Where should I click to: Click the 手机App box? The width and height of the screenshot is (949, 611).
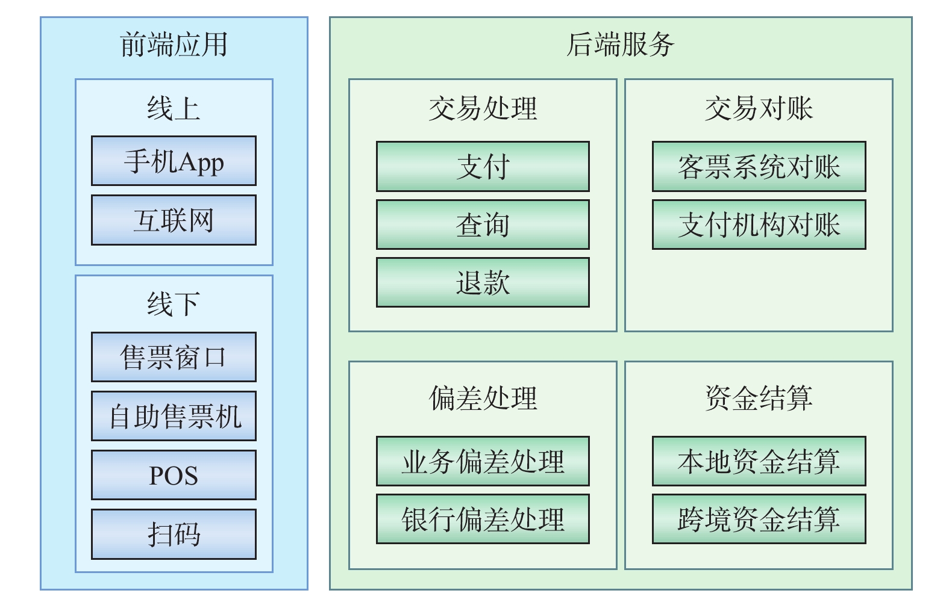[174, 161]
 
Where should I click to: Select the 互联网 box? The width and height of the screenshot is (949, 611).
[174, 220]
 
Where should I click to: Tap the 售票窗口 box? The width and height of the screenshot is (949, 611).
[174, 357]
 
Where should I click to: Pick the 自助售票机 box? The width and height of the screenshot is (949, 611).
[174, 416]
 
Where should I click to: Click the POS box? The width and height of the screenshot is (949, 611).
[174, 475]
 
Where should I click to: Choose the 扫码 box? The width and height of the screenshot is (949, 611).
[174, 535]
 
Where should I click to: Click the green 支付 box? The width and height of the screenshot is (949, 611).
[483, 166]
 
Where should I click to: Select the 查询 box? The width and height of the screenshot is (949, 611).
[483, 225]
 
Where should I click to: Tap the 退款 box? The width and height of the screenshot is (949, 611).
[483, 282]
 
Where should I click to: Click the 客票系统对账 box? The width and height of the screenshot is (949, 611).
[759, 166]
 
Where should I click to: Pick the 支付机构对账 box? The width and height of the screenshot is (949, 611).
[759, 225]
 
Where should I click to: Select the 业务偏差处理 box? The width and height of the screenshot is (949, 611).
[483, 461]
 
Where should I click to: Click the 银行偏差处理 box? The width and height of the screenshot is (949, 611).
[483, 519]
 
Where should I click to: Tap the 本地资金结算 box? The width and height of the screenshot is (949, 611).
[759, 461]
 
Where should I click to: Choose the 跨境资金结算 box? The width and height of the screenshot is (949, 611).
[759, 519]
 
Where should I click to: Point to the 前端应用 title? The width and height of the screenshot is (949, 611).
[174, 45]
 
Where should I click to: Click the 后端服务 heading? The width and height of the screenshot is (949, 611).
[621, 45]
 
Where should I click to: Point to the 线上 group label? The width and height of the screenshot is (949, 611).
[174, 108]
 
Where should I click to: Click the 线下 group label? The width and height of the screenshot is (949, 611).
[174, 304]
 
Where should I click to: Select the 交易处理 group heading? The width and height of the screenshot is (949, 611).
[483, 108]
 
